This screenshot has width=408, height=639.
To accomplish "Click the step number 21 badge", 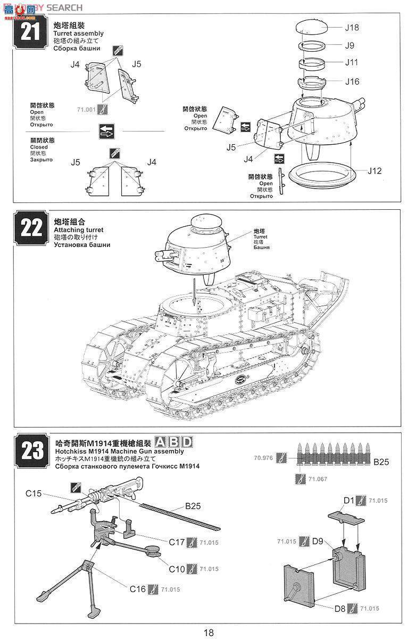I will (x=30, y=32).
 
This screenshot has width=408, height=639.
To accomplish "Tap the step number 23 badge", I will (x=30, y=450).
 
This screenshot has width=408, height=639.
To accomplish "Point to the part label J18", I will (x=352, y=27).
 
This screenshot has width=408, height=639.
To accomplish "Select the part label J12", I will (x=374, y=171).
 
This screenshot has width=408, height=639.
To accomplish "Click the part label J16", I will (x=352, y=81).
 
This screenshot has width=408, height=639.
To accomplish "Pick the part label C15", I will (x=34, y=494).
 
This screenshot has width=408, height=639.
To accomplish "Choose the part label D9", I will (x=318, y=541).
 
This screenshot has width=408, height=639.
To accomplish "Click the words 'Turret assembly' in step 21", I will (x=78, y=33).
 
